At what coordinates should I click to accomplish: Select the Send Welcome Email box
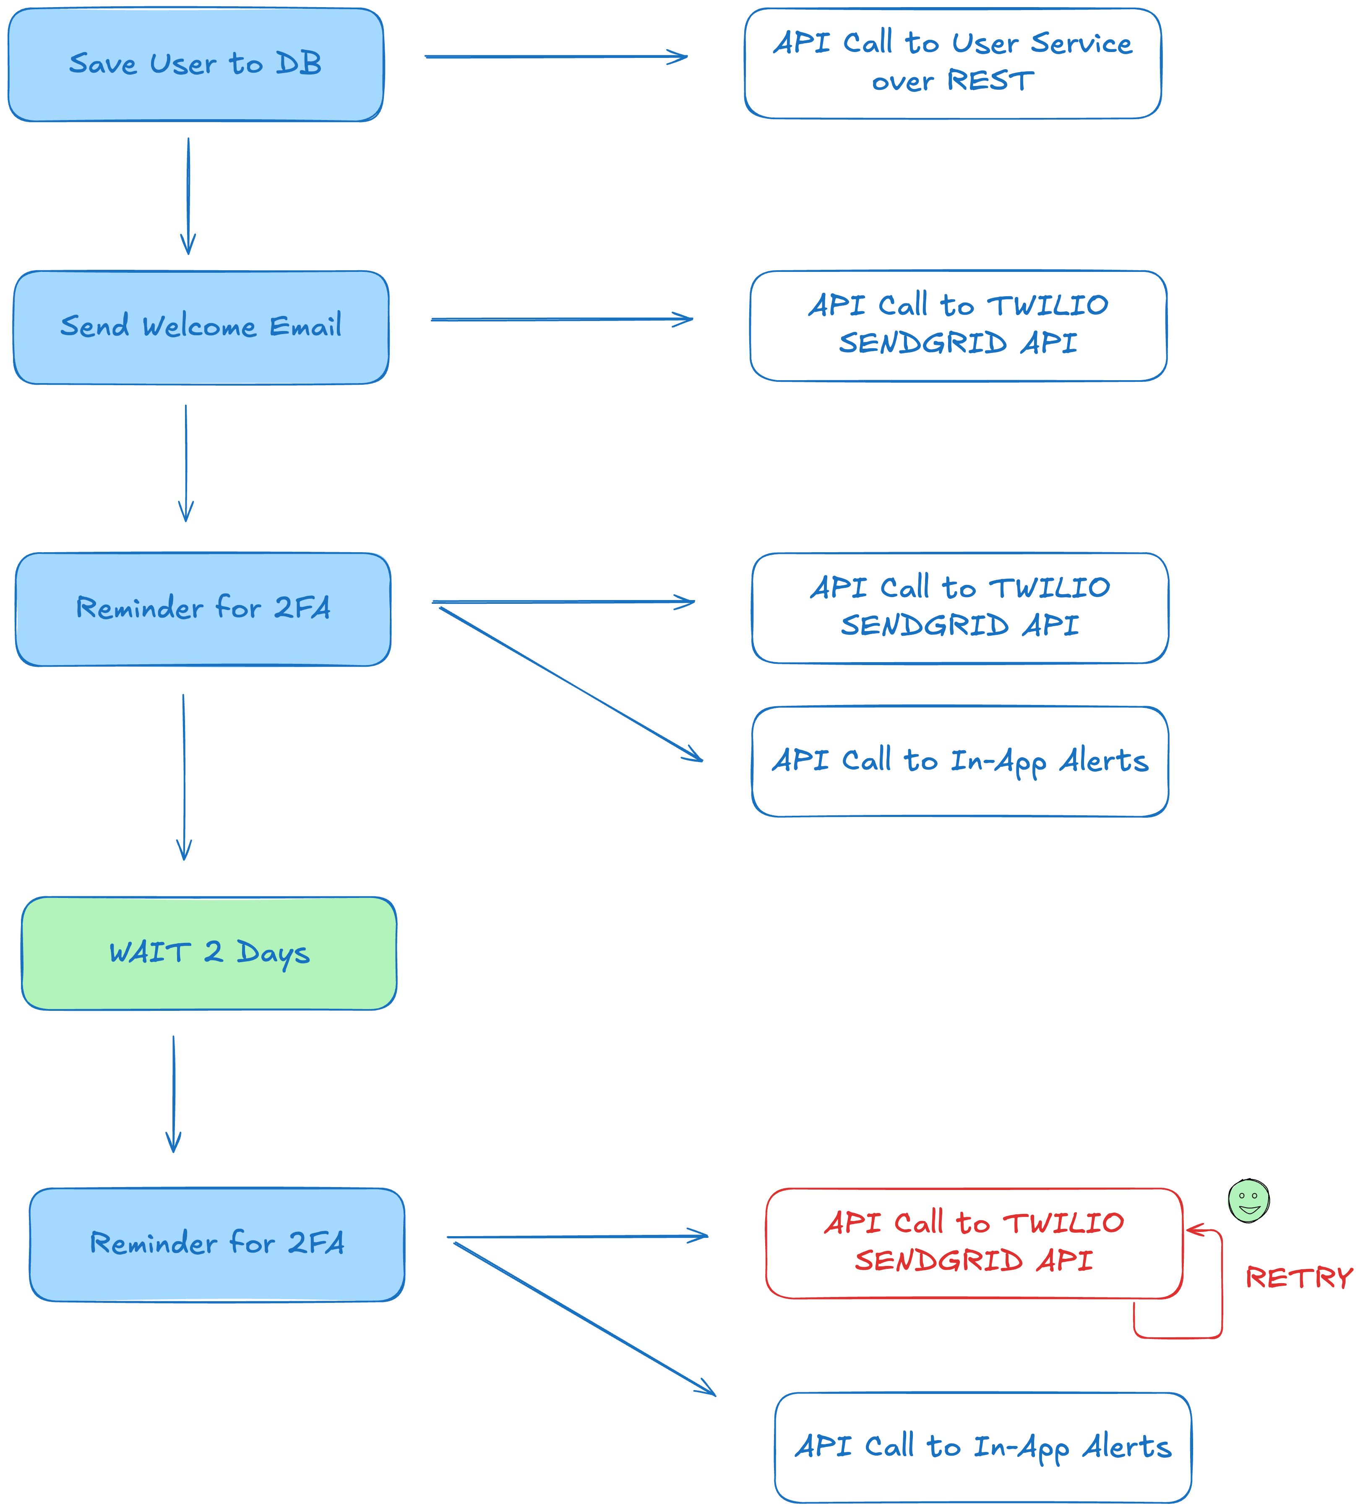click(201, 327)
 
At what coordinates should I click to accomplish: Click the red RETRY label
click(1298, 1277)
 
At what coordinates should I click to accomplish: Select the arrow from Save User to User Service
click(556, 56)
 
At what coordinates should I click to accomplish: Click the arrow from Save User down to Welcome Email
click(188, 196)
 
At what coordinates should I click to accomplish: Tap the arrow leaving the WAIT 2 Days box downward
click(174, 1094)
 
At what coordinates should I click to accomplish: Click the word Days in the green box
click(273, 954)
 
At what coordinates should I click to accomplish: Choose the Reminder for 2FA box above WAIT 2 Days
click(203, 609)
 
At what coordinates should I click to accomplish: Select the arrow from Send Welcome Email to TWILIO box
click(562, 319)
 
